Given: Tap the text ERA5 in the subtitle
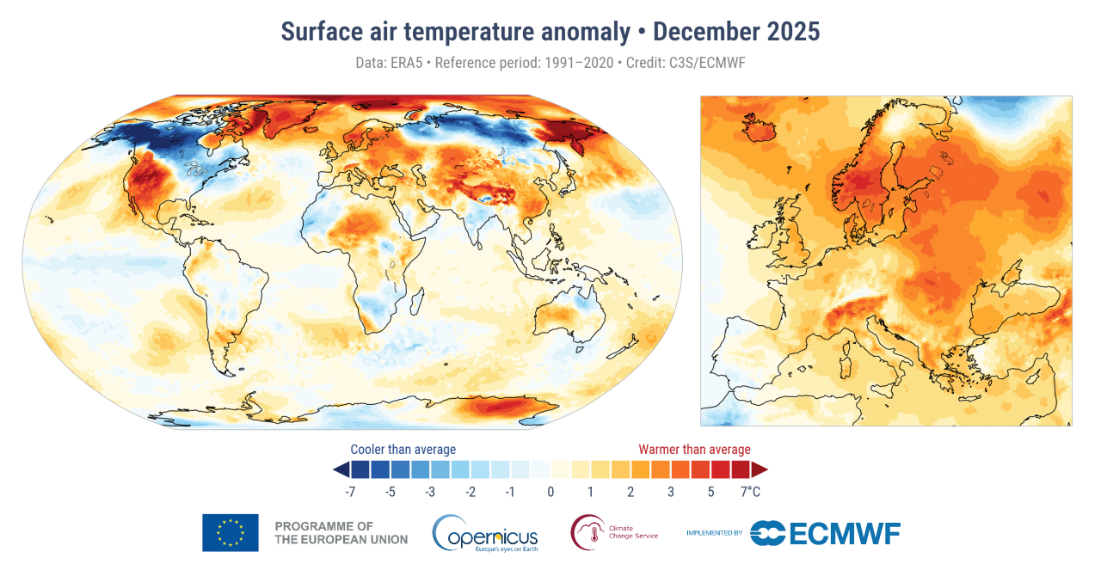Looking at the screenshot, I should (x=408, y=63).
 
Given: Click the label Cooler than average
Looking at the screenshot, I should (x=403, y=450).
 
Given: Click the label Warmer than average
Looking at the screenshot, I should (x=694, y=450).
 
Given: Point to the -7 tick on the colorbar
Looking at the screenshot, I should (x=350, y=492).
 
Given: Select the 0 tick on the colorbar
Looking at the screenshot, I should (x=550, y=492).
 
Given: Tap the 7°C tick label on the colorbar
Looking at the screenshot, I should (x=750, y=492).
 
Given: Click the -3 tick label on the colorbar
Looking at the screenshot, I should (x=430, y=492).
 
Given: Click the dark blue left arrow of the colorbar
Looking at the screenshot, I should (x=341, y=469).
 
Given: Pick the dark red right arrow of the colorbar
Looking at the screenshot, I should (x=760, y=469).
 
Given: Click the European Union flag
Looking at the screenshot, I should (x=230, y=532).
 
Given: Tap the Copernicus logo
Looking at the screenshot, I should (x=486, y=533).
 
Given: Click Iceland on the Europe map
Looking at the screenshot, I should (x=760, y=128).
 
